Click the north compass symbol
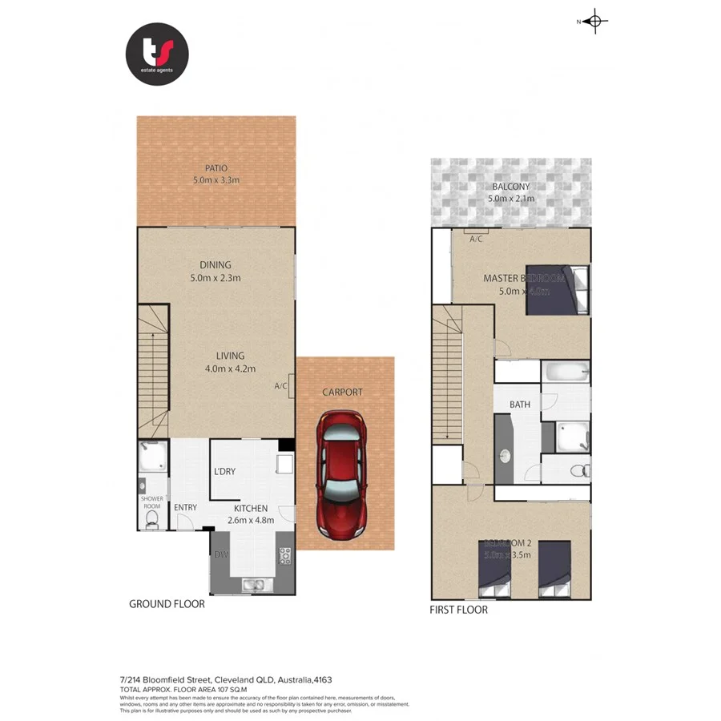pyautogui.click(x=594, y=22)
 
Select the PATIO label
pyautogui.click(x=215, y=168)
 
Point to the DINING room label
pyautogui.click(x=215, y=265)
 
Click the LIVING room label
pyautogui.click(x=229, y=356)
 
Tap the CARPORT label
pyautogui.click(x=342, y=393)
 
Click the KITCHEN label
pyautogui.click(x=252, y=508)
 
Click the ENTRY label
pyautogui.click(x=185, y=507)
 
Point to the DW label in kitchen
pyautogui.click(x=220, y=554)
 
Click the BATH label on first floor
pyautogui.click(x=520, y=405)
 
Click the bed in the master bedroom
pyautogui.click(x=559, y=290)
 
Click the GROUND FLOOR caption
pyautogui.click(x=167, y=604)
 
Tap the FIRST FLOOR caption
pyautogui.click(x=459, y=610)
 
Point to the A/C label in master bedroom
pyautogui.click(x=476, y=239)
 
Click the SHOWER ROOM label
pyautogui.click(x=151, y=502)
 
